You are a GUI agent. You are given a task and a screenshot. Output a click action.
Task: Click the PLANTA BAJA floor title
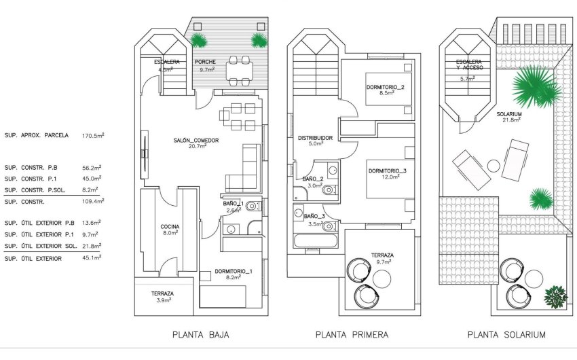tap(200, 335)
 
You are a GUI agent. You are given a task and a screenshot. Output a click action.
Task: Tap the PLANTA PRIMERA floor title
tap(352, 335)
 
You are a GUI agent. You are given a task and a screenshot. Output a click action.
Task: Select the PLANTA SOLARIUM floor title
tap(506, 335)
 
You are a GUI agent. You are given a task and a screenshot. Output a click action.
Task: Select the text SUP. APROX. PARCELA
tap(37, 135)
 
